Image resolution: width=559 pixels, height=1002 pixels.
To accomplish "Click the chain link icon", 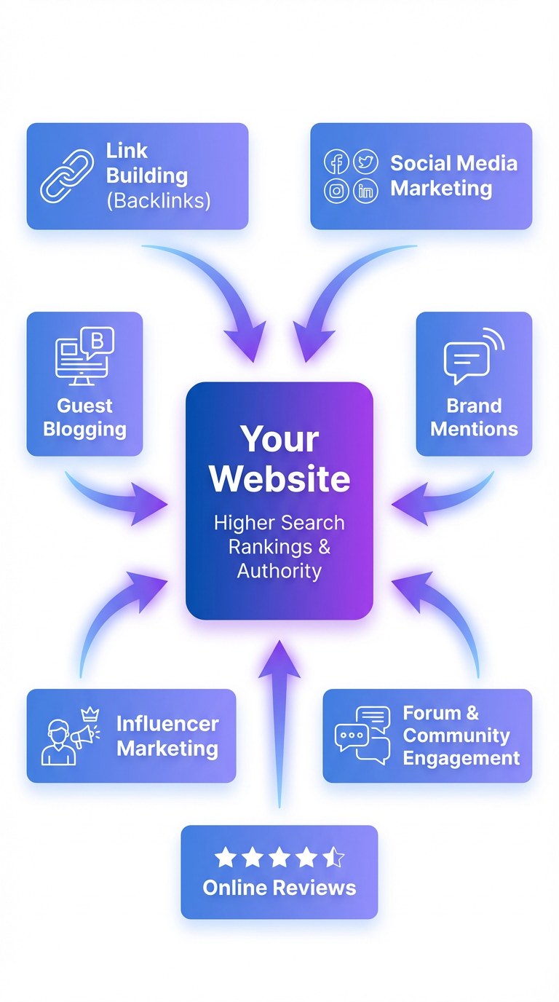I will (66, 176).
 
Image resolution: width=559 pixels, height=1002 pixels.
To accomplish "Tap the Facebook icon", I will (336, 162).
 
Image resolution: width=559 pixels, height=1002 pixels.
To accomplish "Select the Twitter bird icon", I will (365, 162).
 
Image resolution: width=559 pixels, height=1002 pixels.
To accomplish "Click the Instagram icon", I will (336, 192).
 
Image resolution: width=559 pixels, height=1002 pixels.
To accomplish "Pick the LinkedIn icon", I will (365, 192).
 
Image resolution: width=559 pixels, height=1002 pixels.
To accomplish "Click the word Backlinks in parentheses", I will (158, 201).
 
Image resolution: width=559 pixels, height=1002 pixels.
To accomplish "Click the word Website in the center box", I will (279, 478).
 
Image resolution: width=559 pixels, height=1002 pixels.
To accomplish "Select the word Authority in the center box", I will (279, 571).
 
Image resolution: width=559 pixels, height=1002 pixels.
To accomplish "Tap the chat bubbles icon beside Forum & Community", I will (362, 735).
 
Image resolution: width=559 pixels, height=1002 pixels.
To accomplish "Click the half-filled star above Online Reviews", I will (333, 858).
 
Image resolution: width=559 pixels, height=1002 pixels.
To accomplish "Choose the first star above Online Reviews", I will (226, 858).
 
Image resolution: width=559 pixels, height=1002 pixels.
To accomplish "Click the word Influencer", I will (167, 724).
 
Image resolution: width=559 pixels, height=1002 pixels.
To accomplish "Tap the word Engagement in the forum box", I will (461, 758).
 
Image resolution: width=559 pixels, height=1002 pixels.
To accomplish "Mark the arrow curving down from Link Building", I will (218, 291).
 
